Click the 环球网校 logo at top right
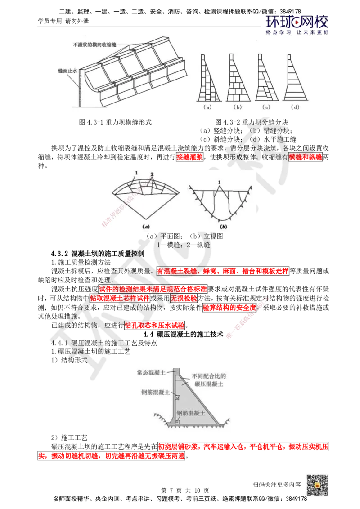click(297, 25)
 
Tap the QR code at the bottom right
click(317, 485)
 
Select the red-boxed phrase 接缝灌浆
click(190, 157)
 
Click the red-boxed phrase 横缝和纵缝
click(306, 157)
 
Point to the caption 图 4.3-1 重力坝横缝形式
click(115, 122)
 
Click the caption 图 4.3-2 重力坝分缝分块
click(252, 122)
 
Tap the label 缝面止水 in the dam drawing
click(67, 71)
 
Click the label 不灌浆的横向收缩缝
click(94, 45)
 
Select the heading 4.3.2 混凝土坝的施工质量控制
click(98, 254)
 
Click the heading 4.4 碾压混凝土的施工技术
click(184, 334)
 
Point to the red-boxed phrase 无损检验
click(184, 298)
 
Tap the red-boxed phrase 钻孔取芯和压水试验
click(155, 325)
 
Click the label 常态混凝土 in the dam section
click(151, 372)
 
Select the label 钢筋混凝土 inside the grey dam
click(191, 413)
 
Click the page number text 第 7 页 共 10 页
click(185, 490)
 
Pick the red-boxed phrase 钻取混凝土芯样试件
click(120, 298)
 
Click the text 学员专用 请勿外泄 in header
click(63, 21)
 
